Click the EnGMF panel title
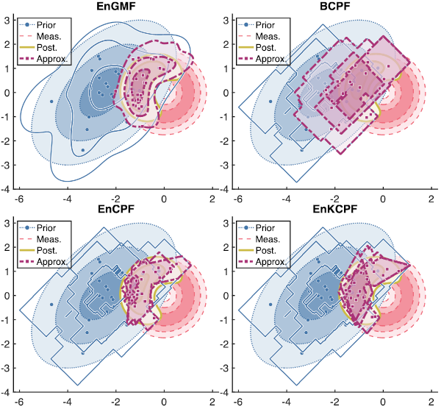(x=116, y=6)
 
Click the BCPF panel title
(x=335, y=6)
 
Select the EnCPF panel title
(x=116, y=209)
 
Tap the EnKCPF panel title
(x=335, y=209)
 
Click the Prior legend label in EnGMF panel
(x=46, y=25)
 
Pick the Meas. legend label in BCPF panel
(x=268, y=36)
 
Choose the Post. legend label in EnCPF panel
(x=47, y=250)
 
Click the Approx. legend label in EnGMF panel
(x=52, y=59)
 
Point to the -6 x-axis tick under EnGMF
(x=19, y=199)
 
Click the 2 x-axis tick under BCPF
(x=431, y=199)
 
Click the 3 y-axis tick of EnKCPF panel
(x=226, y=223)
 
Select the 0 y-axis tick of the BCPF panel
(x=226, y=93)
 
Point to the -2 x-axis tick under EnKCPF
(x=334, y=402)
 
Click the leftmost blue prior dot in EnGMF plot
(x=51, y=102)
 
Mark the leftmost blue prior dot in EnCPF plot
(x=51, y=305)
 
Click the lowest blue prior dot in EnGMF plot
(x=82, y=150)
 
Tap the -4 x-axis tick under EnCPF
(x=67, y=402)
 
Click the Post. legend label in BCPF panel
(x=265, y=48)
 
